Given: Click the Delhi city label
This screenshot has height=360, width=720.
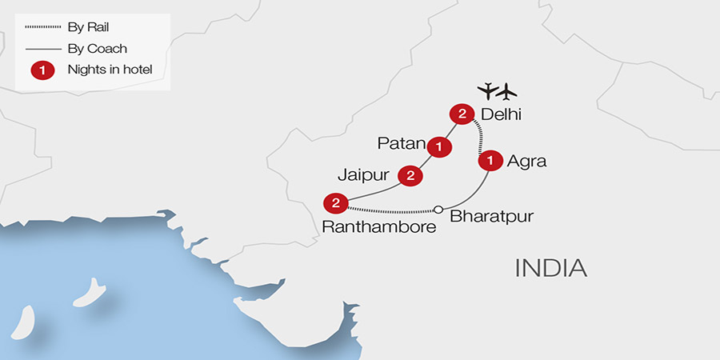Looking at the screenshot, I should [x=501, y=114].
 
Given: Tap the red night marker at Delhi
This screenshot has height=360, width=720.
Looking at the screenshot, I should [x=462, y=114].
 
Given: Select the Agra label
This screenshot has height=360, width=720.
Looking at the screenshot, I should [x=526, y=161].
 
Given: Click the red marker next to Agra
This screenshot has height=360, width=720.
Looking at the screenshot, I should [x=489, y=161].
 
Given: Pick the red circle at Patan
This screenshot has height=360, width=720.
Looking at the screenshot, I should [x=438, y=146].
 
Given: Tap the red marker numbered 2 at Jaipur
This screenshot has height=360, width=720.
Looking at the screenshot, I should [x=410, y=175].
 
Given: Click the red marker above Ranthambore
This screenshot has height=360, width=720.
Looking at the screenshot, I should [x=336, y=202].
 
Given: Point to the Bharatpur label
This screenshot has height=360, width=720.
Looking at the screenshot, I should [x=491, y=216].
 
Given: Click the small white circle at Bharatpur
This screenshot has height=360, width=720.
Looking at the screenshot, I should [x=438, y=210].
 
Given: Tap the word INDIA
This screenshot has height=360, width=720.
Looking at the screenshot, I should [x=551, y=267].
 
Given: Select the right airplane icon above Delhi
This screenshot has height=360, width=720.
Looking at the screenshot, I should [x=507, y=89].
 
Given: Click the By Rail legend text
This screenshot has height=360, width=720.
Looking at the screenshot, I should [x=89, y=26].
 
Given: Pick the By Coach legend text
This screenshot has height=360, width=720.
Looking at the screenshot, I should [x=95, y=48].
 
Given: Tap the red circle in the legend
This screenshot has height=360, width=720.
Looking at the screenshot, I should [x=42, y=70].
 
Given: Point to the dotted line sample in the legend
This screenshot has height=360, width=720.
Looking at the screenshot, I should [x=42, y=26].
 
